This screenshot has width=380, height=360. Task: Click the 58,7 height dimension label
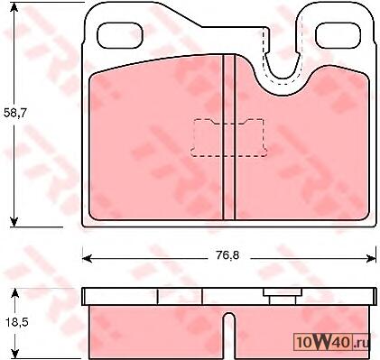pyautogui.click(x=15, y=113)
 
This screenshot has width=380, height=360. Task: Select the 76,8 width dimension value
pyautogui.click(x=227, y=255)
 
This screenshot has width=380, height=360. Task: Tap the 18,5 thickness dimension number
pyautogui.click(x=16, y=323)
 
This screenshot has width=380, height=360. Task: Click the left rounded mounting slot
pyautogui.click(x=120, y=35)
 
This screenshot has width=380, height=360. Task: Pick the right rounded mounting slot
pyautogui.click(x=338, y=35)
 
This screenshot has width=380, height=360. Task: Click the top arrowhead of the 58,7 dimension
pyautogui.click(x=14, y=7)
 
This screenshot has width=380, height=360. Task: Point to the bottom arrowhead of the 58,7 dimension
pyautogui.click(x=14, y=222)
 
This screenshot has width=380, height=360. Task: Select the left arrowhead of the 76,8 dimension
pyautogui.click(x=88, y=258)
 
